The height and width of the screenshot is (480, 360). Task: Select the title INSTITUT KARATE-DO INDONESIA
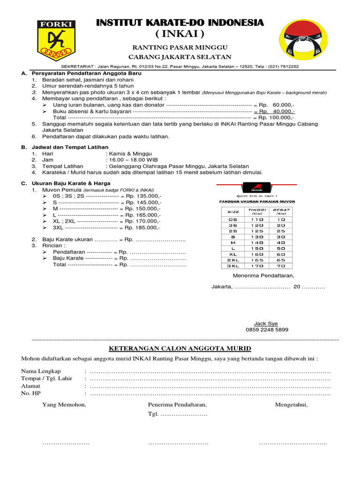[x=180, y=22]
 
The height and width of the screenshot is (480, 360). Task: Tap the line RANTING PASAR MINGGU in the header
[x=180, y=48]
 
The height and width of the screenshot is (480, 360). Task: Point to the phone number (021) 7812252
[x=283, y=67]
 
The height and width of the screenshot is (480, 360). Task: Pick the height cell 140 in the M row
[x=257, y=242]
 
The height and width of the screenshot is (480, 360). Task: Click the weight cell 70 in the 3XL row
[x=281, y=265]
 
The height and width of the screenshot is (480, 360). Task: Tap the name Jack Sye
[x=266, y=323]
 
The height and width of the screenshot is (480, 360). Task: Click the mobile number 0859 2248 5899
[x=267, y=330]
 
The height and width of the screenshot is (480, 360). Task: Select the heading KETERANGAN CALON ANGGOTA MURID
[x=180, y=348]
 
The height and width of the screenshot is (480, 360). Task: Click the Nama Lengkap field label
[x=41, y=371]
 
